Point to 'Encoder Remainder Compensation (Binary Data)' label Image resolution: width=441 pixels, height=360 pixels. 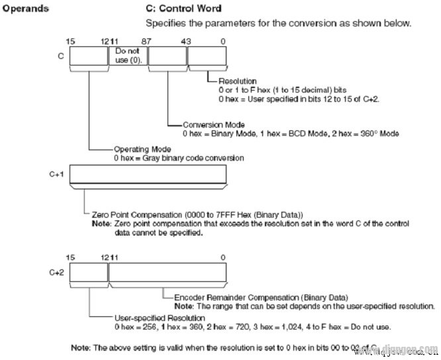[x=261, y=298]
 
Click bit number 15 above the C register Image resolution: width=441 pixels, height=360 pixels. [x=71, y=42]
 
